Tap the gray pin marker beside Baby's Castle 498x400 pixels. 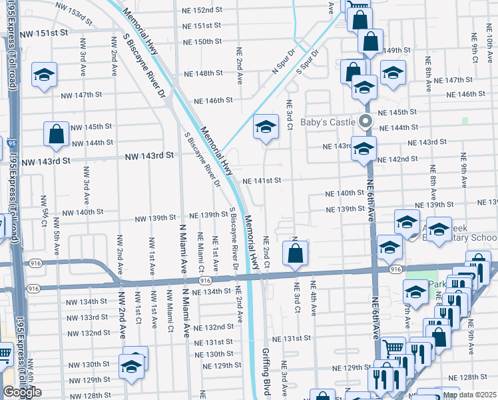(365, 121)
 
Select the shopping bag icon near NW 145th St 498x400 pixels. (57, 134)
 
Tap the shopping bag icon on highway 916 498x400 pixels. (295, 253)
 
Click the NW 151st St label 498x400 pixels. (45, 33)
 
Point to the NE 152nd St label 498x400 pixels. (202, 10)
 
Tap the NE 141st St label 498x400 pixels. (262, 181)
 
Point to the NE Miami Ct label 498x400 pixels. (201, 251)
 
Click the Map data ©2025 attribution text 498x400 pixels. (469, 395)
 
